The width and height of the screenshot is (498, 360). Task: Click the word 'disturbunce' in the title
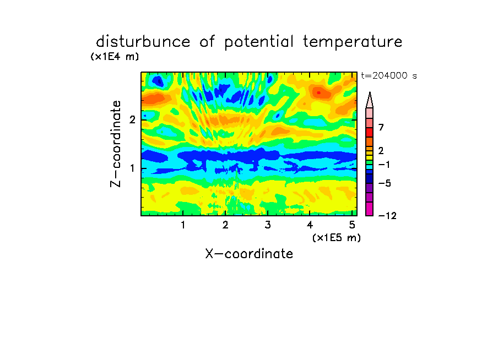pyautogui.click(x=143, y=42)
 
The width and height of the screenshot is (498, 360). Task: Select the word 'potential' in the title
pyautogui.click(x=258, y=42)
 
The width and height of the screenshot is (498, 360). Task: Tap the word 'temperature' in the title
pyautogui.click(x=352, y=42)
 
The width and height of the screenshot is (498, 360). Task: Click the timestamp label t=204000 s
pyautogui.click(x=389, y=75)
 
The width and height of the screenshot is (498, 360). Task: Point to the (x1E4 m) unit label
pyautogui.click(x=115, y=57)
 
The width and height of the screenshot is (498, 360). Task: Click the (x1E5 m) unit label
pyautogui.click(x=337, y=237)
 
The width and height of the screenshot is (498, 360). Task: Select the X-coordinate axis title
pyautogui.click(x=249, y=254)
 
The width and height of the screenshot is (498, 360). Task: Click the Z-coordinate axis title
pyautogui.click(x=116, y=144)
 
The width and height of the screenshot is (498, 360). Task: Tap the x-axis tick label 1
pyautogui.click(x=183, y=225)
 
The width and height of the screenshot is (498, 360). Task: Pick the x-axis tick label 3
pyautogui.click(x=268, y=225)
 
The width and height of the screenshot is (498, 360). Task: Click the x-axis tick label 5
pyautogui.click(x=352, y=225)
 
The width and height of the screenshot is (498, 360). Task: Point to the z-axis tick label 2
pyautogui.click(x=132, y=120)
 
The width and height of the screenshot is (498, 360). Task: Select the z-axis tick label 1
pyautogui.click(x=132, y=168)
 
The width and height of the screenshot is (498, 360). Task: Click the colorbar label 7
pyautogui.click(x=381, y=128)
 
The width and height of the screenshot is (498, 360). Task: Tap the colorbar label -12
pyautogui.click(x=387, y=216)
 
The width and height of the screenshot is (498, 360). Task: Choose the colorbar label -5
pyautogui.click(x=385, y=183)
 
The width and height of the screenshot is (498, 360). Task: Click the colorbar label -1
pyautogui.click(x=384, y=165)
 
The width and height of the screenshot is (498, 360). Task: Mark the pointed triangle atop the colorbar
pyautogui.click(x=370, y=100)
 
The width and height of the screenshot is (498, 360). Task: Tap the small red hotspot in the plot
pyautogui.click(x=319, y=92)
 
